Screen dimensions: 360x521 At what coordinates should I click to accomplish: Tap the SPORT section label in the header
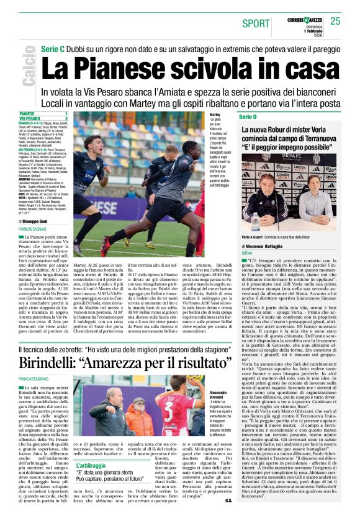256,23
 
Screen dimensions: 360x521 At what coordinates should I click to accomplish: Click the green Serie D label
246,116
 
